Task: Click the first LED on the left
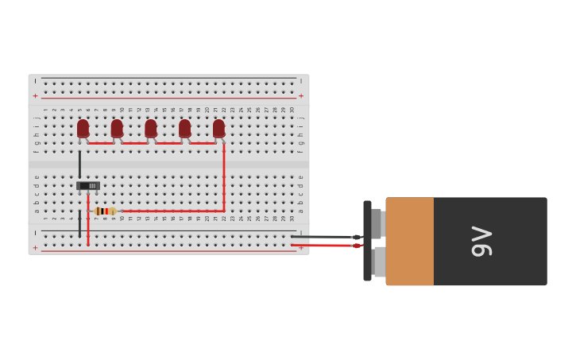[83, 129]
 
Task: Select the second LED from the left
[117, 129]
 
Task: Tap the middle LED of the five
[151, 129]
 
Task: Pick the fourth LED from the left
[184, 129]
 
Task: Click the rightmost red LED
[218, 129]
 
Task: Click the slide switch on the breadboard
[88, 186]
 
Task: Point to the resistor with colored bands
[104, 211]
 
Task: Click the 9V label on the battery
[482, 242]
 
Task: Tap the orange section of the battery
[410, 242]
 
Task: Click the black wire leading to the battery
[322, 237]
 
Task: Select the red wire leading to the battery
[322, 246]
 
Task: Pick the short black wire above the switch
[79, 164]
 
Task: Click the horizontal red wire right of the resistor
[171, 211]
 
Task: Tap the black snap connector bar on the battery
[367, 241]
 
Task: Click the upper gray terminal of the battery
[378, 223]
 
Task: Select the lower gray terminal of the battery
[380, 261]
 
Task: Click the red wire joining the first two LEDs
[100, 144]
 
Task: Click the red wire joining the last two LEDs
[202, 144]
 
